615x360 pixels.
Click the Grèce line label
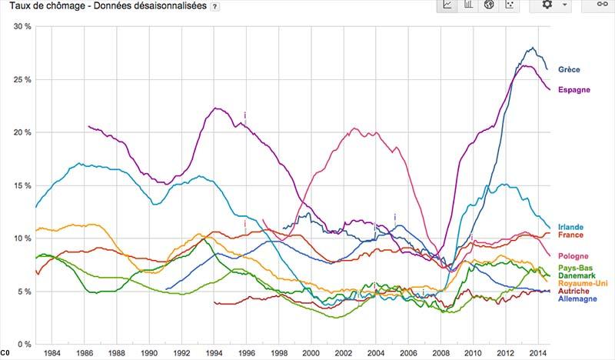[x=570, y=70]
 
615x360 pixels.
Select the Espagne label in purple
[x=573, y=91]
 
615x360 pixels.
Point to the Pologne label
[x=573, y=255]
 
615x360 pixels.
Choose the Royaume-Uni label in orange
[x=581, y=284]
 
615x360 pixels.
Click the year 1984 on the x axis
[x=52, y=353]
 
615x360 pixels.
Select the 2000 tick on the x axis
[x=311, y=353]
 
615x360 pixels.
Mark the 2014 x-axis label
[x=537, y=353]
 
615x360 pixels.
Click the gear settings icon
[x=547, y=5]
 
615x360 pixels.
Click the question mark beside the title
[x=214, y=6]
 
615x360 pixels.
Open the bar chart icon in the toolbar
[x=467, y=5]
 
